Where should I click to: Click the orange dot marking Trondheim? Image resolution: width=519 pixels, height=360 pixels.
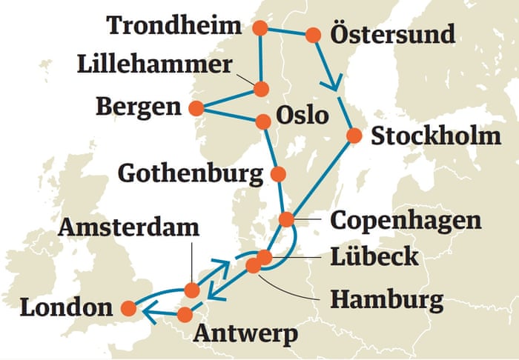point(259,29)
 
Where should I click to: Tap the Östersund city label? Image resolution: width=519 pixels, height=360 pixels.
point(392,34)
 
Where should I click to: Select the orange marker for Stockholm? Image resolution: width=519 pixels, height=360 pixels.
point(354,136)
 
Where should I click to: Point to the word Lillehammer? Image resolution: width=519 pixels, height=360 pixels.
point(154,64)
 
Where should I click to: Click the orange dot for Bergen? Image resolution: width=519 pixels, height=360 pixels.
point(196,108)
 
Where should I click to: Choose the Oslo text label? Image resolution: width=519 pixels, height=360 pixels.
point(302,116)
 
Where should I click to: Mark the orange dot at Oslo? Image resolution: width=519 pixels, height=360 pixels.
point(262,120)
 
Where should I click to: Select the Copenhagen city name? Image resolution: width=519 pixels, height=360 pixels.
point(406,220)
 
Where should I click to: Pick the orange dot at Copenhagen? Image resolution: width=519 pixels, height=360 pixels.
point(287,219)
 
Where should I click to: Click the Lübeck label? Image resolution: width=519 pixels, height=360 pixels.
point(376,256)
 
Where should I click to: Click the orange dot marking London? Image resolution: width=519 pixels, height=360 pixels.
point(128,307)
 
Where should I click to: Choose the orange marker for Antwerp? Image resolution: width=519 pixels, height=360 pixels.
point(185,315)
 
